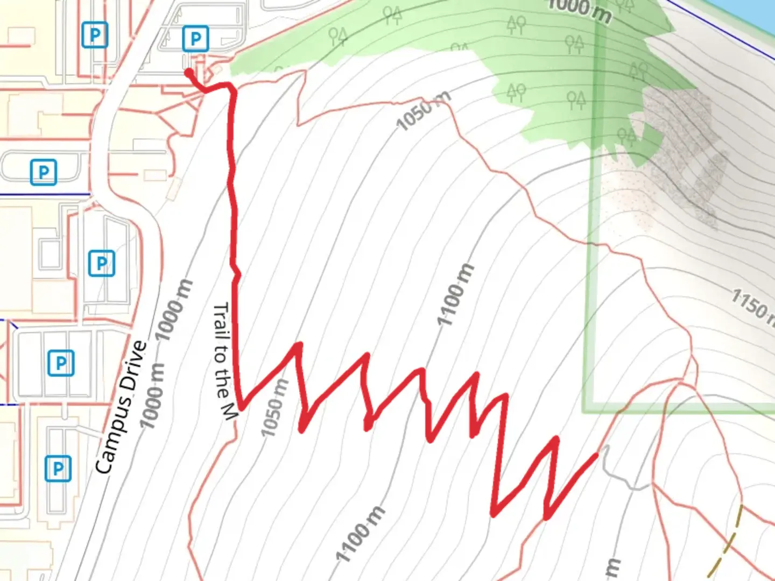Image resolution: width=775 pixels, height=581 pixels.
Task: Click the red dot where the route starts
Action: (189, 73)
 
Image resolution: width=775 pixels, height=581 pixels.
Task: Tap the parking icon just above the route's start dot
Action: (195, 38)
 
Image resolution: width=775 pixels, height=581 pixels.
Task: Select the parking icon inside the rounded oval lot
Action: (43, 172)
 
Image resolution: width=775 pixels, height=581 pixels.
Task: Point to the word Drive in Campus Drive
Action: (133, 366)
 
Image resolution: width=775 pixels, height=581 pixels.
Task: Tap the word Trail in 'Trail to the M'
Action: (221, 320)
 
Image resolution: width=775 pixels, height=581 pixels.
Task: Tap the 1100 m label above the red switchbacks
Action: (456, 295)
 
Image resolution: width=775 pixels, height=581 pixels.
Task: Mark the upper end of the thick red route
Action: (596, 455)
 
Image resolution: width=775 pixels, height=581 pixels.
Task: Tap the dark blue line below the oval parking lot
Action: (43, 194)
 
